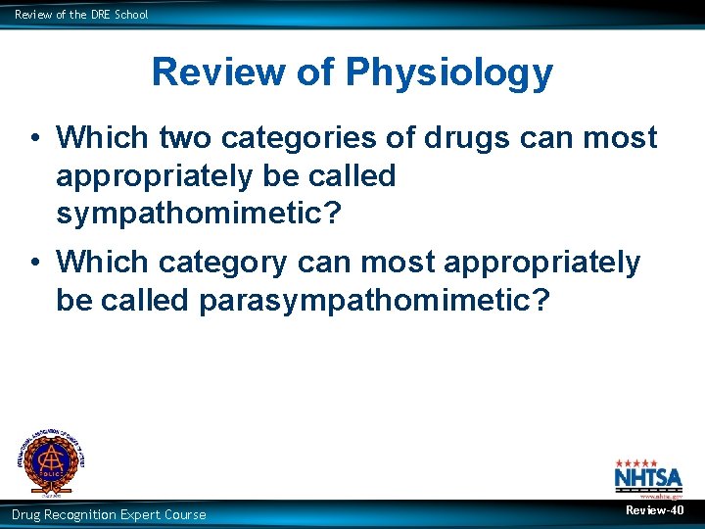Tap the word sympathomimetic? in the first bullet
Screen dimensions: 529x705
point(199,214)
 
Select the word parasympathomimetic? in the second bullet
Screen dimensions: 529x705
point(375,300)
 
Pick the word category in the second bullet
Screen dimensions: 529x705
point(221,263)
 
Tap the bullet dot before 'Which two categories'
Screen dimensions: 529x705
point(33,139)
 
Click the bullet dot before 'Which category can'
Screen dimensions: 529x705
point(33,264)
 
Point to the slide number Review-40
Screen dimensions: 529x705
point(655,511)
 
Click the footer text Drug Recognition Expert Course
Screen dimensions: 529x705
point(109,514)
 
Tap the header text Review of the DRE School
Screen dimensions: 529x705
point(81,14)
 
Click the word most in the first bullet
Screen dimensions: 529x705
point(618,138)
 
